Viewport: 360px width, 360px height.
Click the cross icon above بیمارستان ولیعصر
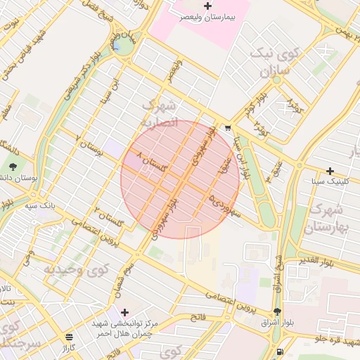(207, 6)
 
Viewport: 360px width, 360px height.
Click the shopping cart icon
(229, 128)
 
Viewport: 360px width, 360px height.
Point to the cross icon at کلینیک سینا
(330, 171)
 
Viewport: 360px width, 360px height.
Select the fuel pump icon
(281, 352)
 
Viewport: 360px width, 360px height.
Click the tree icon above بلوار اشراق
(277, 311)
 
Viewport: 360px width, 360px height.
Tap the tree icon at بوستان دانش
(13, 167)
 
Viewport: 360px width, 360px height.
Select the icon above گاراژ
(68, 337)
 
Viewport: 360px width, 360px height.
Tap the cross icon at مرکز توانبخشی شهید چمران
(125, 312)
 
